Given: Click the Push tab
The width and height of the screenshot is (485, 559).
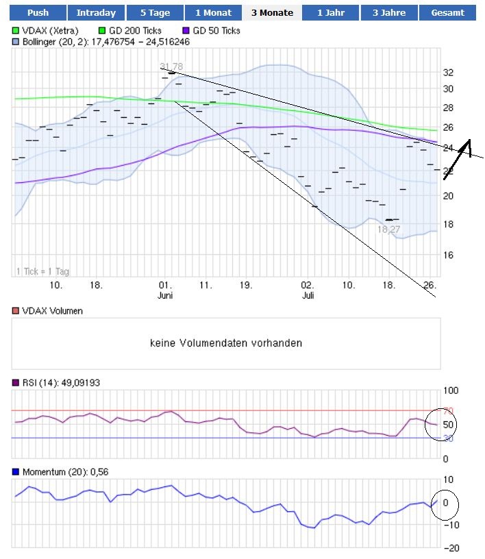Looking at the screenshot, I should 38,12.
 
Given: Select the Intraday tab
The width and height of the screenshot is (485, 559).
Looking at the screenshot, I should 96,12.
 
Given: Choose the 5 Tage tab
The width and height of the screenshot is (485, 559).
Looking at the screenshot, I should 155,12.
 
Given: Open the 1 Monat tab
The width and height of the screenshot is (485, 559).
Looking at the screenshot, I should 214,12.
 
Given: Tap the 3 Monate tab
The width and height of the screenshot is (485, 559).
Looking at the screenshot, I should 272,12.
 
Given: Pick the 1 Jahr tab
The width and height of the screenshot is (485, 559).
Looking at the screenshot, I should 331,12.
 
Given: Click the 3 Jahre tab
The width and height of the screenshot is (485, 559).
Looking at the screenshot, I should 389,12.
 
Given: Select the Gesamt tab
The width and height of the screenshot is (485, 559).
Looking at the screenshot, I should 448,12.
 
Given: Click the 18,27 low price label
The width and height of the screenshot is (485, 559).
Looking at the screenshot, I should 388,229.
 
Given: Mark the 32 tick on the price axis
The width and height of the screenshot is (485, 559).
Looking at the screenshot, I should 448,72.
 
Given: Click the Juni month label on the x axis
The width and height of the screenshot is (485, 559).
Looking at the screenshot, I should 164,295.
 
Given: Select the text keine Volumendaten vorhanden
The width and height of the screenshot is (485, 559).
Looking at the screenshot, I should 225,343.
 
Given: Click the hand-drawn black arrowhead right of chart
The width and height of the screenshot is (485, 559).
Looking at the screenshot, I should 469,145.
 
